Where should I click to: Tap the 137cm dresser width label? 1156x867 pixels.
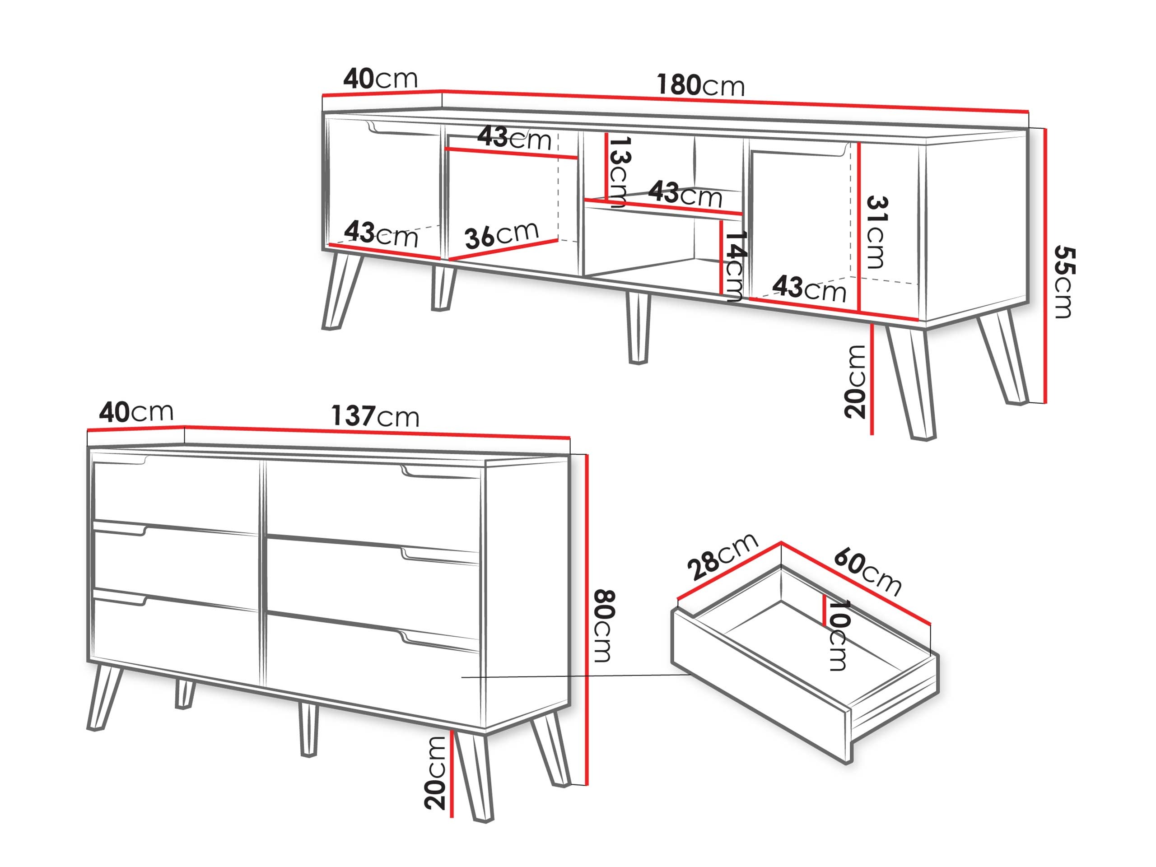tap(375, 416)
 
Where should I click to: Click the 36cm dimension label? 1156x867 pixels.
tap(501, 235)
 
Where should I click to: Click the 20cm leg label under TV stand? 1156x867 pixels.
tap(855, 381)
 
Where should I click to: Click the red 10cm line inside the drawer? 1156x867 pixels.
tap(824, 611)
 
